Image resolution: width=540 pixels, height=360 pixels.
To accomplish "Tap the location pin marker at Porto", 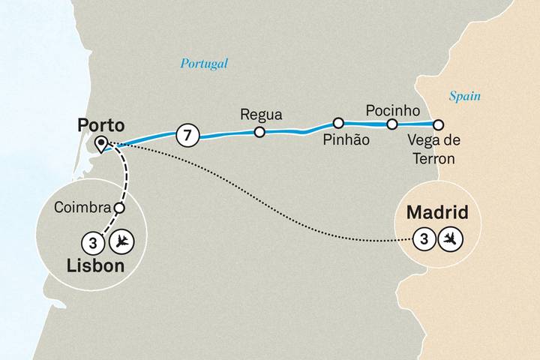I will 100,142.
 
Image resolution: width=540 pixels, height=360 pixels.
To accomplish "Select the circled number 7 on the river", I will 187,136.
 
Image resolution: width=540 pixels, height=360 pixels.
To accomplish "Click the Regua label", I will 260,115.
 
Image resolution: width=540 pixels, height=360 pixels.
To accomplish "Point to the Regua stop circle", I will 259,133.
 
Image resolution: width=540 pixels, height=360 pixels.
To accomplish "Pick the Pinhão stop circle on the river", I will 338,122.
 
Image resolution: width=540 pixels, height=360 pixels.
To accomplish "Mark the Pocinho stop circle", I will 391,124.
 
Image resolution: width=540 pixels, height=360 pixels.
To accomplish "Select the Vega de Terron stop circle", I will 439,125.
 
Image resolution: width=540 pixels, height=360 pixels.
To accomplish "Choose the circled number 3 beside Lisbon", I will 91,241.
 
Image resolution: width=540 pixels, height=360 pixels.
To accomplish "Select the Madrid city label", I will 437,214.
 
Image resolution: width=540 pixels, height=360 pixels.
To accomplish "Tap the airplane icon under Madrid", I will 450,239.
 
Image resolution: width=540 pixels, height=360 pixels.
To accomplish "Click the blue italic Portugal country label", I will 203,64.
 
